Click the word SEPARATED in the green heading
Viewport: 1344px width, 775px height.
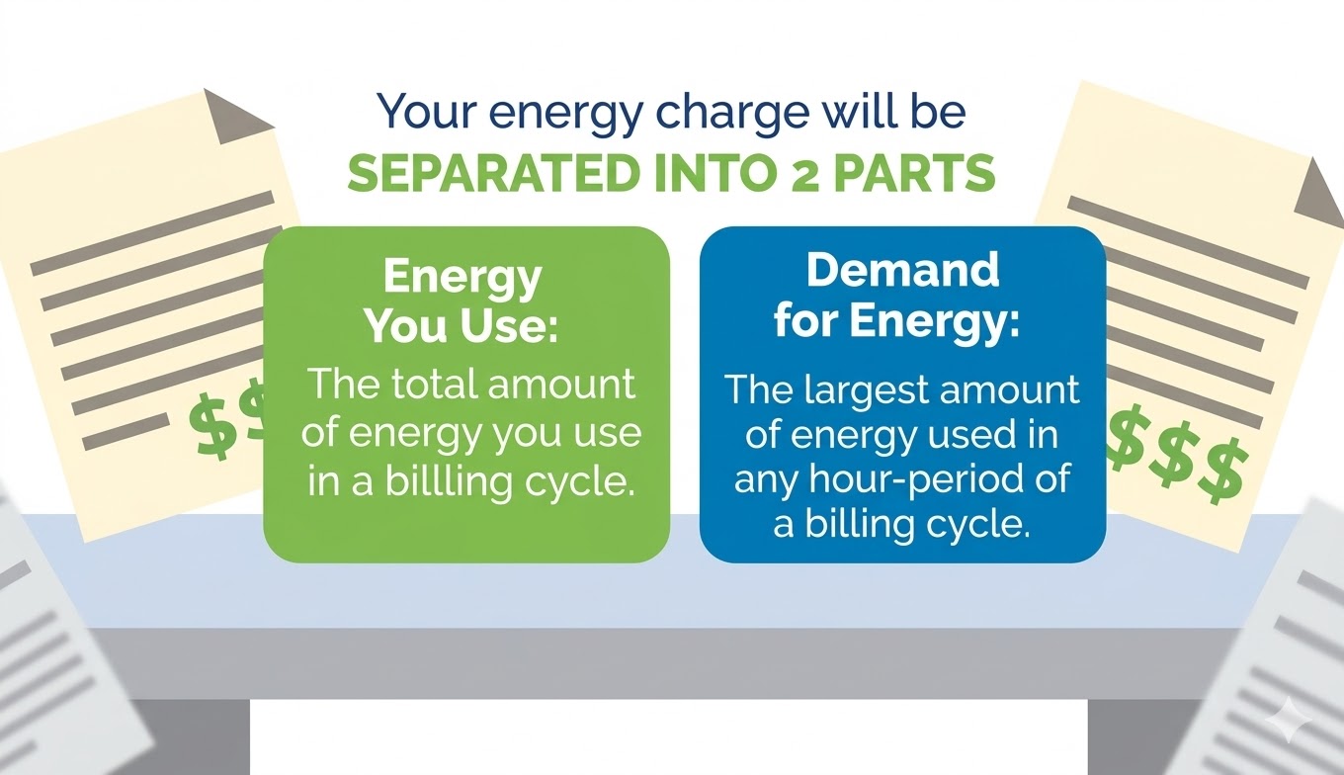click(x=490, y=174)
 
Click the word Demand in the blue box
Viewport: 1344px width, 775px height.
click(x=903, y=270)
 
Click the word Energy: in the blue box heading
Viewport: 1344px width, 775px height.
click(x=934, y=322)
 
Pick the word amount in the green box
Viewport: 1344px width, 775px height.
click(x=561, y=386)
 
